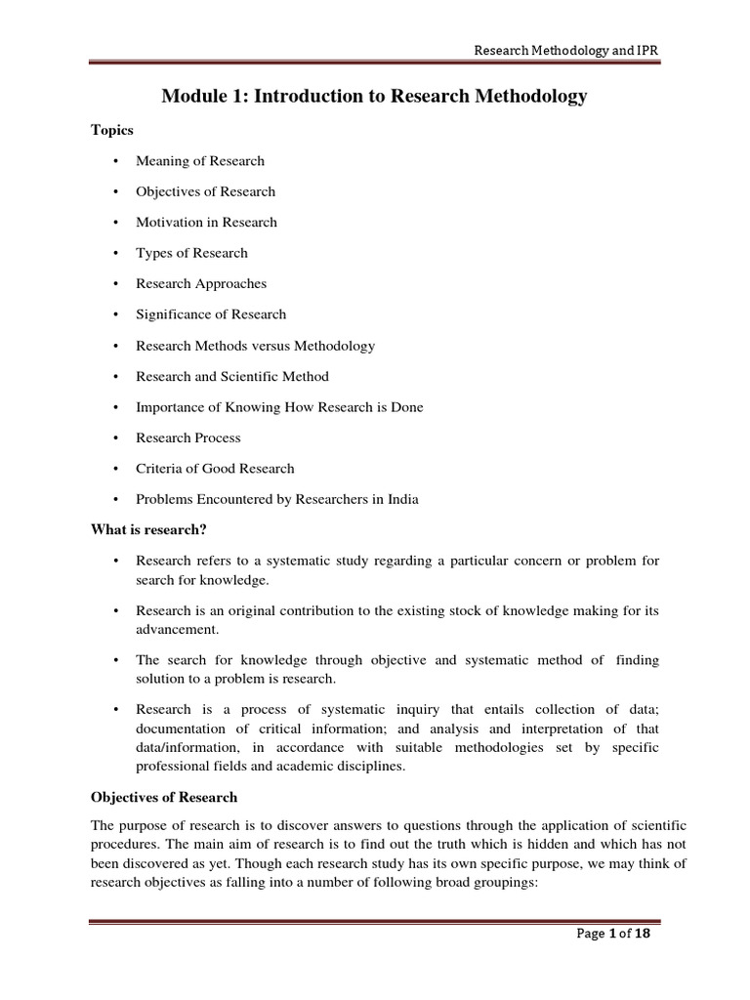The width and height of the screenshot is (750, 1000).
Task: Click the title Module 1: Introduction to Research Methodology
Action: click(375, 96)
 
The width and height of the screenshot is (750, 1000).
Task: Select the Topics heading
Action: click(112, 130)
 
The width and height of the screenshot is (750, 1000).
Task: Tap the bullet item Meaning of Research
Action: click(200, 161)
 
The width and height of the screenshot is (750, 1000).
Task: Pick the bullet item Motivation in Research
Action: click(206, 222)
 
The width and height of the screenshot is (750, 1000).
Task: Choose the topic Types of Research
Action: click(191, 253)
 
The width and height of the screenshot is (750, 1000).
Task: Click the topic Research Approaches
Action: click(201, 284)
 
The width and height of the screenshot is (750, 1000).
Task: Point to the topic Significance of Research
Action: click(211, 314)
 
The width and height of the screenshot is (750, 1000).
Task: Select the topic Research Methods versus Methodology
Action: click(255, 346)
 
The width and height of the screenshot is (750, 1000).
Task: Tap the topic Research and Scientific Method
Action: click(232, 376)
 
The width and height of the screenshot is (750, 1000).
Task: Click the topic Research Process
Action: click(188, 438)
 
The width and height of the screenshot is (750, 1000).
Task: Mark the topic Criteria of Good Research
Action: click(215, 469)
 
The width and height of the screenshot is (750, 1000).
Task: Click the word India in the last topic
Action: click(401, 500)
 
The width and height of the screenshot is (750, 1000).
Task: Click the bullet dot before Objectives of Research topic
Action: click(115, 191)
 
